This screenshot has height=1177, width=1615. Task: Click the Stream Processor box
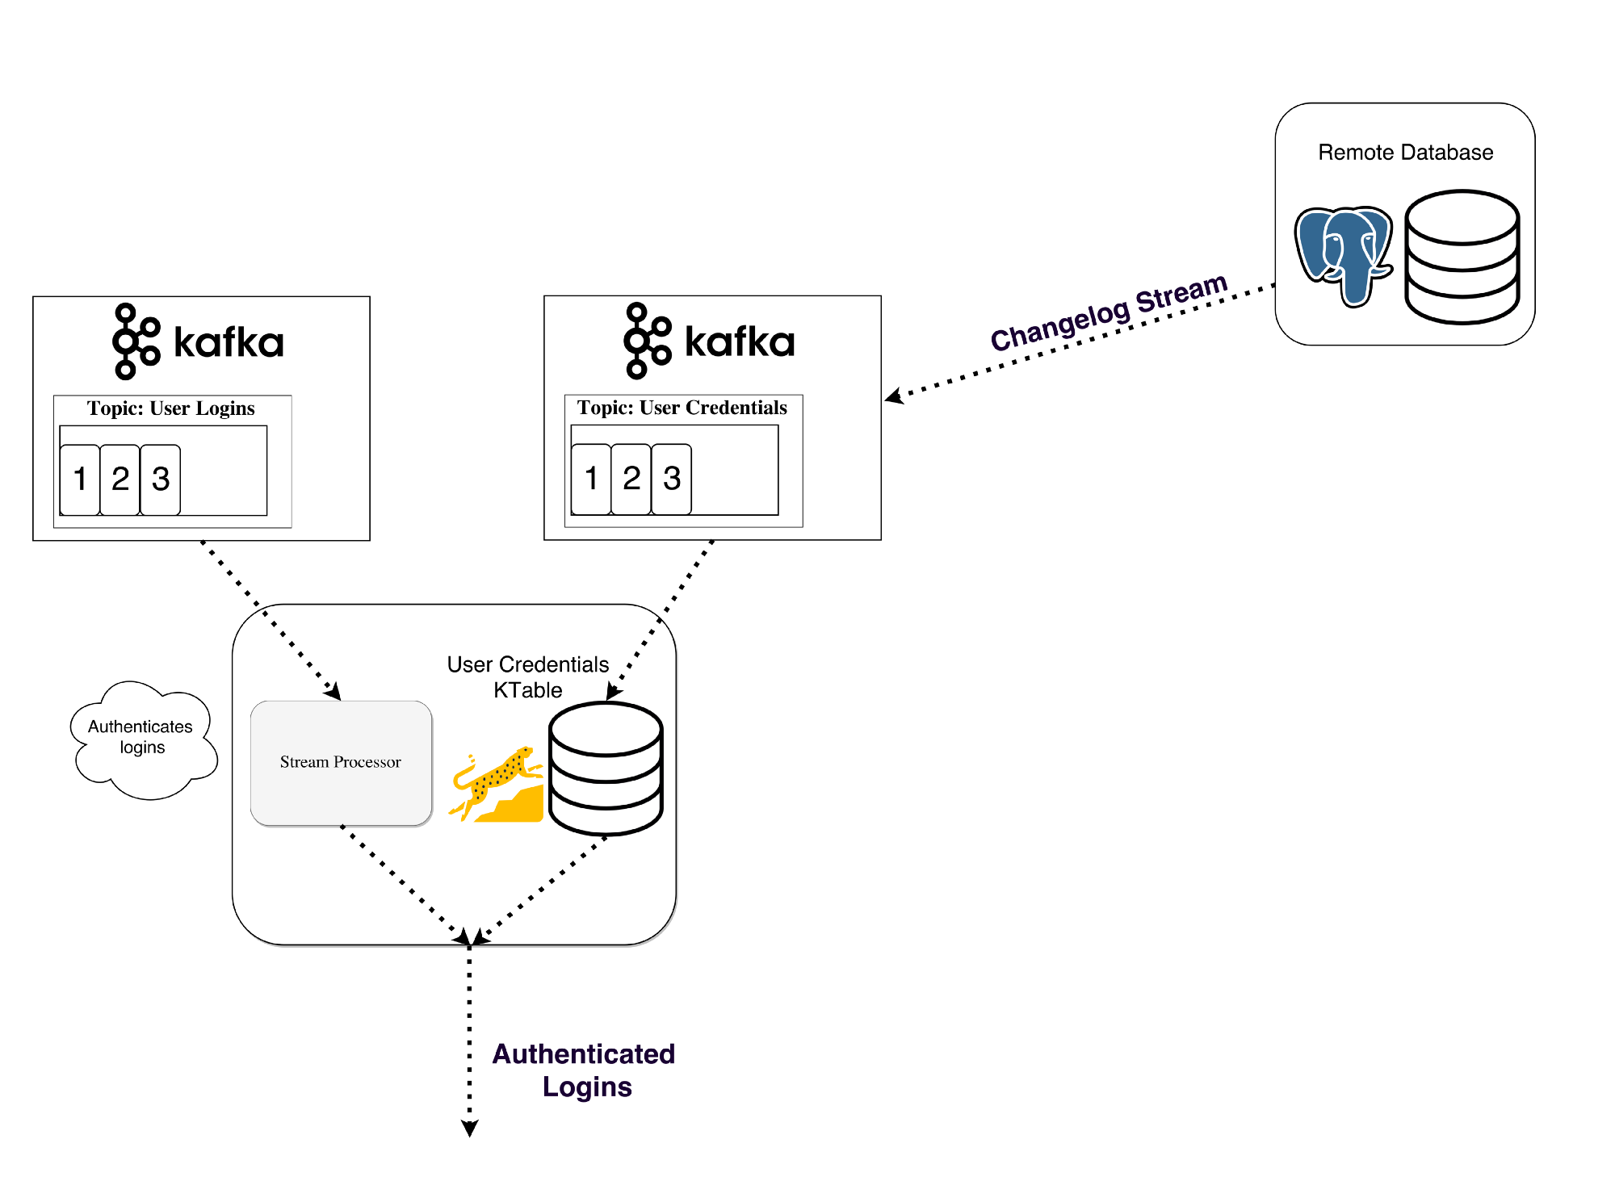[x=341, y=762]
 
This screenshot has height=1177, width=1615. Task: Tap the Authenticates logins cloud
[x=142, y=738]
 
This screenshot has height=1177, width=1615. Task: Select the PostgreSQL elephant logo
[x=1343, y=254]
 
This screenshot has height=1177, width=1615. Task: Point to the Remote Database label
[x=1405, y=153]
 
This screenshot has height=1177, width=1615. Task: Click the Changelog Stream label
[x=1109, y=312]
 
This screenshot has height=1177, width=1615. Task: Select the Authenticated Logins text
[x=585, y=1070]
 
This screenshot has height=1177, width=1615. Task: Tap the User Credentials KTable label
[x=528, y=677]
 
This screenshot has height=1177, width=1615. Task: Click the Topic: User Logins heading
[x=171, y=408]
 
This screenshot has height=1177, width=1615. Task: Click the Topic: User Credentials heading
[x=682, y=408]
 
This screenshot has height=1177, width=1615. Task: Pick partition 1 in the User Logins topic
[x=80, y=479]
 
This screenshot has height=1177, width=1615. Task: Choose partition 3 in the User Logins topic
[x=161, y=479]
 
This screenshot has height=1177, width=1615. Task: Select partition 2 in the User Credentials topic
[x=631, y=478]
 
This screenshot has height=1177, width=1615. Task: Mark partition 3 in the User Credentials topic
[x=672, y=478]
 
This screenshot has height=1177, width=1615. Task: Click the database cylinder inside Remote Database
[x=1462, y=257]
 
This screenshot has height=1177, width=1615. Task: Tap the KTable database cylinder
[x=606, y=768]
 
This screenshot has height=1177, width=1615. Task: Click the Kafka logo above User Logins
[x=199, y=341]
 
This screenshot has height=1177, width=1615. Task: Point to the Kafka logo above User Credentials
[x=711, y=341]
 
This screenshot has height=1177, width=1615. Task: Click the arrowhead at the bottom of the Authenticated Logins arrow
[x=469, y=1128]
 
